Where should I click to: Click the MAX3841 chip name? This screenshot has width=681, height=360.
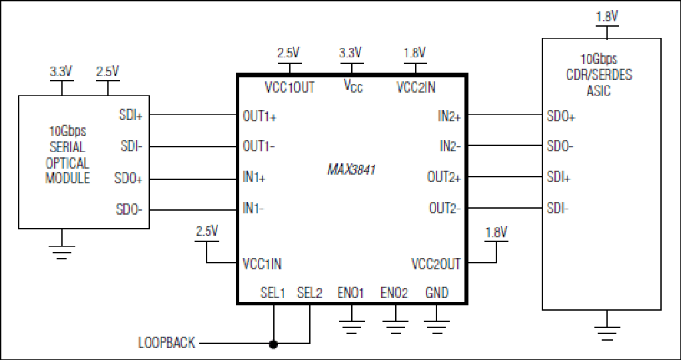(x=351, y=169)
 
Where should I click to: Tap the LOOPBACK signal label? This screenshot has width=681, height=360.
(x=167, y=343)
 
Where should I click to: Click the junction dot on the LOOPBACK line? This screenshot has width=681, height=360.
(x=273, y=345)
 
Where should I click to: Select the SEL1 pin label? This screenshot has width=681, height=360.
(x=273, y=293)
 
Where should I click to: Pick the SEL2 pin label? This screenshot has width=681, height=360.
(x=310, y=293)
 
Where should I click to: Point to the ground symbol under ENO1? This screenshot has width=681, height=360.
(x=351, y=326)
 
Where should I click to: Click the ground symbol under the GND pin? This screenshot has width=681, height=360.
(x=437, y=326)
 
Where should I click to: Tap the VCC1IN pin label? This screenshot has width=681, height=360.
(x=264, y=263)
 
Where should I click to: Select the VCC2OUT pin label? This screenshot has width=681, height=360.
(x=436, y=263)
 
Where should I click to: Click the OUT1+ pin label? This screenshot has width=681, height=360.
(x=260, y=116)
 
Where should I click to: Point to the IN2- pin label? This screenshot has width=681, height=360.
(x=450, y=147)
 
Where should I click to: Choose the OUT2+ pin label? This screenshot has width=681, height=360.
(x=444, y=177)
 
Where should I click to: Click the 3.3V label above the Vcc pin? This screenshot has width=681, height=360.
(x=350, y=53)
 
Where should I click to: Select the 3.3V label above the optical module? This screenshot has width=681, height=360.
(x=61, y=71)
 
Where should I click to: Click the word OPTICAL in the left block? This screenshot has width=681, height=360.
(x=67, y=163)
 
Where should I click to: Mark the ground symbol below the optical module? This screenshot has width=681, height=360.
(x=62, y=252)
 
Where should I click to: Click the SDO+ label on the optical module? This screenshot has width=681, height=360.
(x=129, y=178)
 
